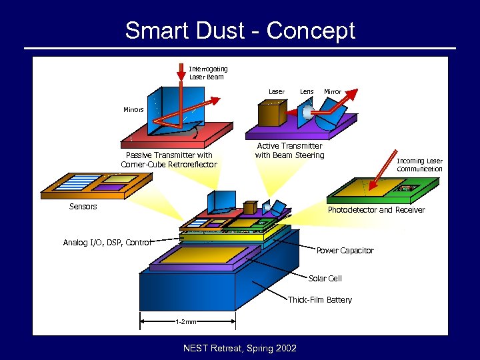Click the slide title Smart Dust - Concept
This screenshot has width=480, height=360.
[240, 31]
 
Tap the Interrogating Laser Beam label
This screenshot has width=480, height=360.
[208, 73]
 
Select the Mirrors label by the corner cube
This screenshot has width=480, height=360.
[133, 109]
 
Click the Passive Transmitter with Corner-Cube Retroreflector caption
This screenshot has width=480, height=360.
[169, 159]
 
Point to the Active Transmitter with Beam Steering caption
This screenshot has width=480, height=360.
[289, 151]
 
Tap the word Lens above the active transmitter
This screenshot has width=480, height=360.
[307, 91]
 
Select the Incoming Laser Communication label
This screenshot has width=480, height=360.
[419, 165]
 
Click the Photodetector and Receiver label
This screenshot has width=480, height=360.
[376, 210]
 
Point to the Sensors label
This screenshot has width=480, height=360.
[83, 207]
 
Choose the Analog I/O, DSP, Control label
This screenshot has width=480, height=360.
[107, 243]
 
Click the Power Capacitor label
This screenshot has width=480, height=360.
[345, 251]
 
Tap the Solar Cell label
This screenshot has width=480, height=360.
[325, 278]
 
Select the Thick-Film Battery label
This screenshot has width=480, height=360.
[319, 300]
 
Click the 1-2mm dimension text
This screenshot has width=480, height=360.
[186, 322]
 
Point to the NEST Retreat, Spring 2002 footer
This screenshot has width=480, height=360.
[240, 347]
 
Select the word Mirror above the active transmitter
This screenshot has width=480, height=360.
[332, 91]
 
